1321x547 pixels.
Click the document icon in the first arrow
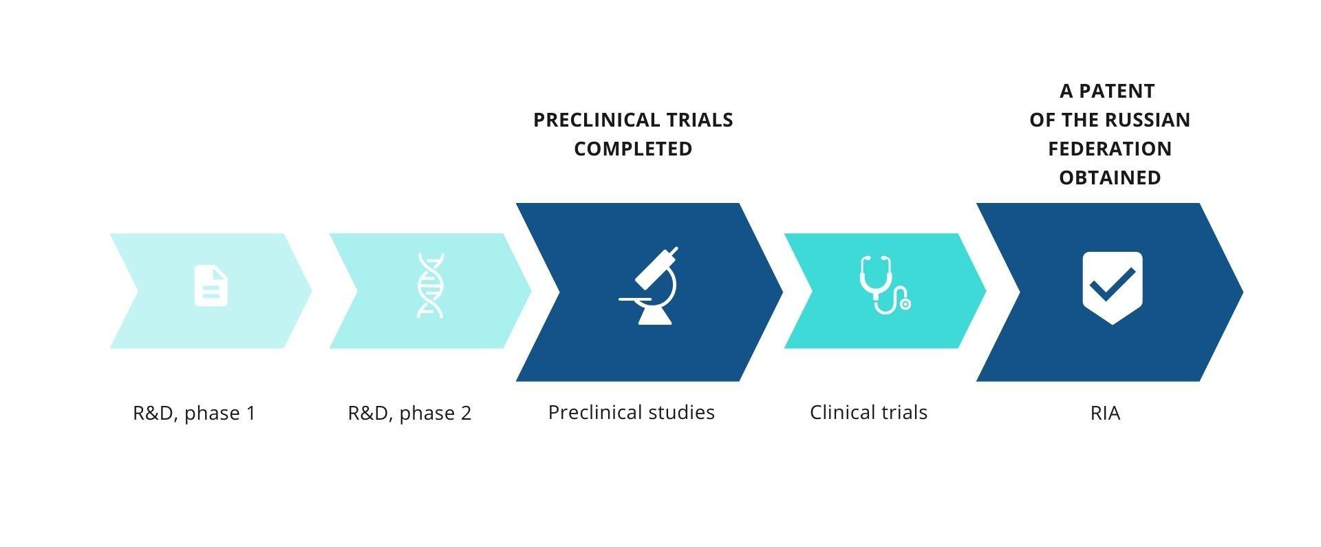click(x=211, y=286)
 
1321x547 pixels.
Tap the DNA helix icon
click(x=431, y=286)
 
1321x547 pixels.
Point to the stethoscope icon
click(x=885, y=285)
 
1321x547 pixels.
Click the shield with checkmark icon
click(x=1113, y=288)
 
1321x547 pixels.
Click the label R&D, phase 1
click(x=194, y=414)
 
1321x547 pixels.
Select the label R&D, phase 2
click(x=409, y=414)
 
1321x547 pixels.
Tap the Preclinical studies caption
click(x=632, y=413)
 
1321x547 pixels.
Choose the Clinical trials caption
click(x=868, y=413)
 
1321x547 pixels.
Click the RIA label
click(x=1106, y=414)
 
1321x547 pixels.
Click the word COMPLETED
click(x=633, y=149)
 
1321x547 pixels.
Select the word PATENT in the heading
click(x=1117, y=92)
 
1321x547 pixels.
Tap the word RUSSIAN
click(x=1150, y=120)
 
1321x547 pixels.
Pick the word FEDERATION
click(x=1110, y=149)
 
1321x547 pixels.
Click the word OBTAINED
click(x=1110, y=178)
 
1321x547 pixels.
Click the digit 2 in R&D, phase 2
click(x=466, y=414)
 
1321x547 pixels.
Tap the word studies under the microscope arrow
click(x=680, y=413)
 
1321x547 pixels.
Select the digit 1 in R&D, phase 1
click(x=250, y=414)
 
